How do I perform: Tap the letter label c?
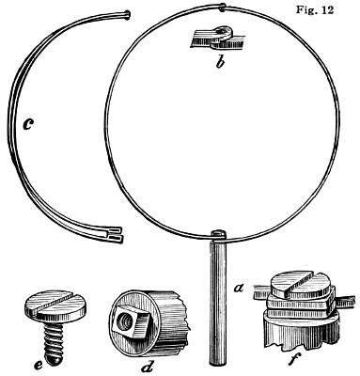(28, 124)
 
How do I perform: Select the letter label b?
(221, 63)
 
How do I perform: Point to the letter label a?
(239, 287)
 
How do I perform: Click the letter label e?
(39, 365)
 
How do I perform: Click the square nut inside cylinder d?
(130, 321)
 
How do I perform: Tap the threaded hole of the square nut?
(124, 322)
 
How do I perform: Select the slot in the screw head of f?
(298, 281)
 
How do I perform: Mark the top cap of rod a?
(218, 234)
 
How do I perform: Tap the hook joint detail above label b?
(221, 38)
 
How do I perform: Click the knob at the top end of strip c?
(127, 14)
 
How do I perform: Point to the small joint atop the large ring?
(222, 8)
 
